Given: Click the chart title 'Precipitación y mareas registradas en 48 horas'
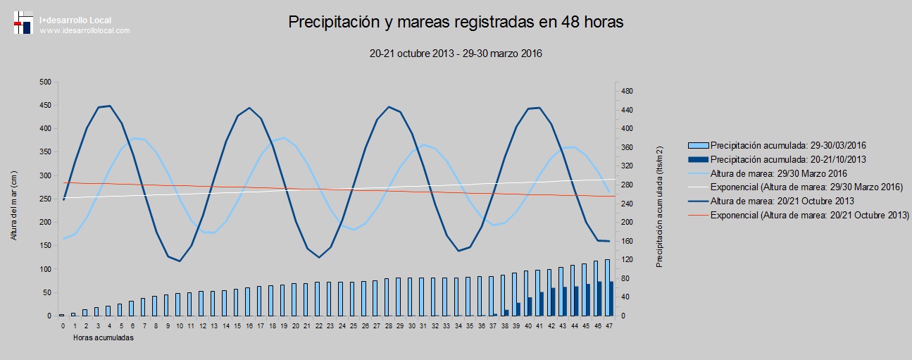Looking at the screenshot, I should pos(456,23).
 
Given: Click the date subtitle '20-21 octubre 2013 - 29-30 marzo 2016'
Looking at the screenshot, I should pos(456,54).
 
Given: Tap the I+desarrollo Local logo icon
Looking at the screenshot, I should pos(23,23).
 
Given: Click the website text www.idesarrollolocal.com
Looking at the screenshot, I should pos(85,31).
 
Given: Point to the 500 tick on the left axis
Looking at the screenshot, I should pos(45,82).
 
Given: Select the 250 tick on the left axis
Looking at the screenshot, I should pos(45,199).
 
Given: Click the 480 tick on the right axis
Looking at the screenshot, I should pos(627,92).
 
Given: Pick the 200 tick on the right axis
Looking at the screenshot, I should pos(627,223).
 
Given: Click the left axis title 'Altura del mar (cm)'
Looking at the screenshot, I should pos(14,199).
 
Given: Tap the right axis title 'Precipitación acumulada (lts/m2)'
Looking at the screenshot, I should pos(660,206).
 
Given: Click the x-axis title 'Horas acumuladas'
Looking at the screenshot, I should pos(104,338).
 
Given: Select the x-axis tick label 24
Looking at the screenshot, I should pos(342,326).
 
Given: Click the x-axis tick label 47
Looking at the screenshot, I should pos(610,326).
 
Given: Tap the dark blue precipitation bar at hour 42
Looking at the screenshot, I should pos(553,302).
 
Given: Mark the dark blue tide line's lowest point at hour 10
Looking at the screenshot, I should pos(180,261).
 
